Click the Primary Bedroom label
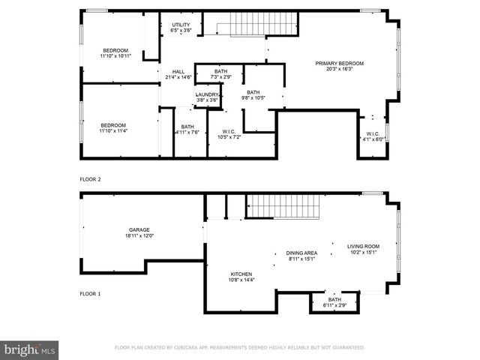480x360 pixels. pos(339,63)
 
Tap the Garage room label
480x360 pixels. pos(139,230)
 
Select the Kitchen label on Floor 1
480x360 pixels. pos(241,274)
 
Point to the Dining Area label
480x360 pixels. pos(301,253)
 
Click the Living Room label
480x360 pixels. pos(363,246)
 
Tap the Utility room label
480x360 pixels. pos(181,25)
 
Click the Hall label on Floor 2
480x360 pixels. pos(178,71)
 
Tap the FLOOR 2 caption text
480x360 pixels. pos(91,179)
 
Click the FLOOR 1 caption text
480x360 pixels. pos(90,294)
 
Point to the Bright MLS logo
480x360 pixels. pos(30,350)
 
